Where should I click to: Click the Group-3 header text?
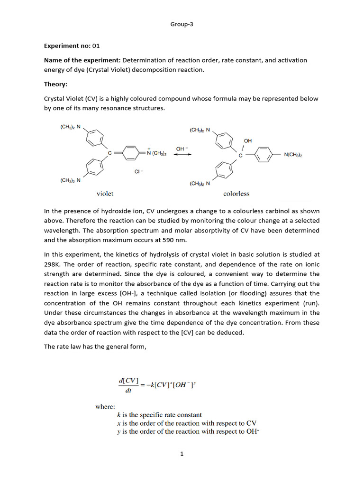click(x=182, y=25)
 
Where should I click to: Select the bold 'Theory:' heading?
click(x=56, y=84)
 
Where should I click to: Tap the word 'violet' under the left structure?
click(x=105, y=193)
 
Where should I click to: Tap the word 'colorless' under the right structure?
click(x=236, y=194)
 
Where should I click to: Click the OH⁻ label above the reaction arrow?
click(x=182, y=149)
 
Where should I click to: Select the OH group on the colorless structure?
click(x=248, y=141)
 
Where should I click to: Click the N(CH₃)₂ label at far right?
click(x=293, y=155)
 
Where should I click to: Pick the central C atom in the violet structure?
click(x=109, y=153)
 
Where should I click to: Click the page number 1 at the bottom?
click(x=182, y=454)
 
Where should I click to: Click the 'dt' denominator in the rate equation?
click(x=128, y=393)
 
